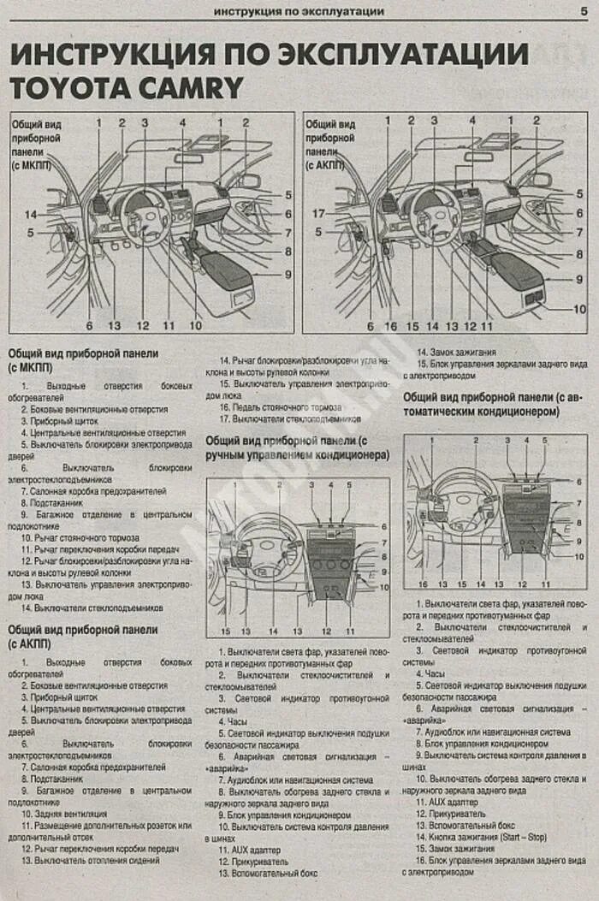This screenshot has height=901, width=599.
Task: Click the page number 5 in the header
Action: [x=582, y=10]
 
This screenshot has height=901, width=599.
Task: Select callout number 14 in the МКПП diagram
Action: [x=31, y=214]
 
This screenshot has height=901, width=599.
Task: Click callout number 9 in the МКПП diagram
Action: [x=288, y=275]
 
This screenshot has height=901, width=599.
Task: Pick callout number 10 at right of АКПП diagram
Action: [x=579, y=309]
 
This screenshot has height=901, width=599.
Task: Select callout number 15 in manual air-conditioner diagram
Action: [x=225, y=631]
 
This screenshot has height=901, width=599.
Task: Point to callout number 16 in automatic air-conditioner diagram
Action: [x=423, y=584]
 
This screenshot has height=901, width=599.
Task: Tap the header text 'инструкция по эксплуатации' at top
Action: [x=298, y=11]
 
